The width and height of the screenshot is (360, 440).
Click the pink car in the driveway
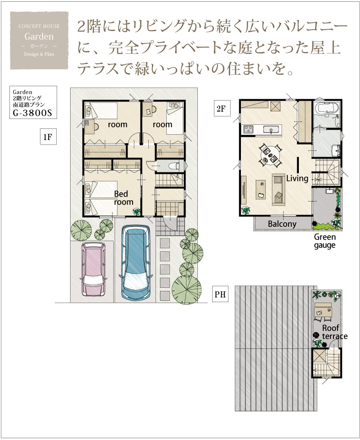(x=94, y=269)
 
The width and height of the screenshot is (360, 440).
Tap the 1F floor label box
(x=48, y=136)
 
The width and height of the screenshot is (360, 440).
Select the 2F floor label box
(x=222, y=108)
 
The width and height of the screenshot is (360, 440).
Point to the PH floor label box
(x=220, y=294)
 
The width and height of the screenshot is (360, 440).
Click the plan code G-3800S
(x=32, y=113)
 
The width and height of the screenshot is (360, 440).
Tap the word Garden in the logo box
(x=39, y=36)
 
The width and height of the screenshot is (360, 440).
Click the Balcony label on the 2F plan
(x=282, y=224)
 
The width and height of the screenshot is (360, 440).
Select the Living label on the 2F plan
(x=297, y=178)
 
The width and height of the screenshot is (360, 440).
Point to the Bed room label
(x=123, y=198)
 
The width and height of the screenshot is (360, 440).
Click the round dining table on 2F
(x=270, y=154)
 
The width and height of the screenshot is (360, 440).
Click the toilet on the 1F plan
(x=174, y=166)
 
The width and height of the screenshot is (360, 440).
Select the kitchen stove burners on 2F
(x=248, y=129)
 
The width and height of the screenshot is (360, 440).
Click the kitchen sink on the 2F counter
(x=271, y=130)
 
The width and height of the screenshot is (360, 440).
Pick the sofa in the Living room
(x=278, y=189)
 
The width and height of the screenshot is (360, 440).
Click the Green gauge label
(x=325, y=241)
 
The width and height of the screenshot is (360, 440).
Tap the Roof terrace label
(x=334, y=332)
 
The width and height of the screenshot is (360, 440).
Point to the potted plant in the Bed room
(x=137, y=211)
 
